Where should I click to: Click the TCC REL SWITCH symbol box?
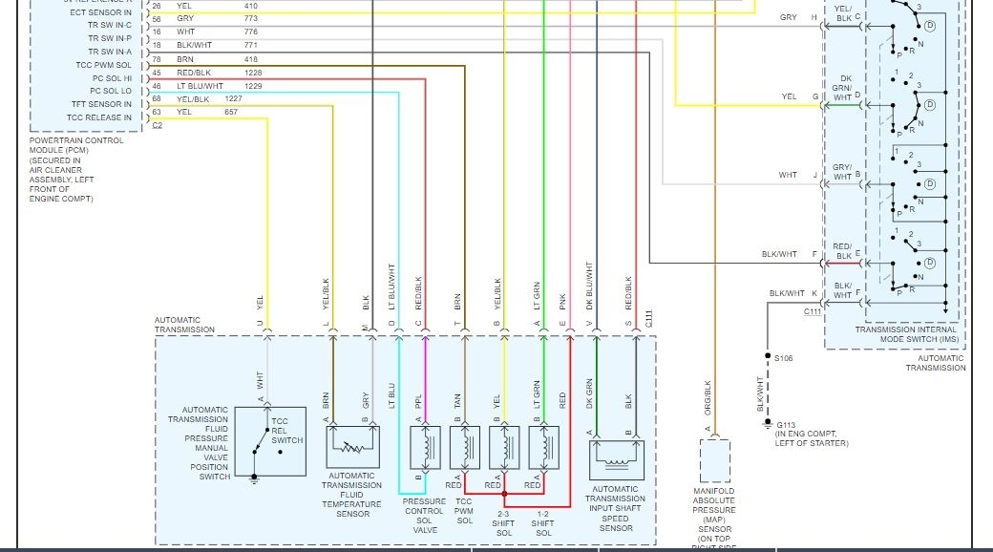(x=270, y=441)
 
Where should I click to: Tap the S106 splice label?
(x=783, y=358)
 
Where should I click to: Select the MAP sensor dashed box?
(x=714, y=460)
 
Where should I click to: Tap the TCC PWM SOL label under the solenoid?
(x=463, y=515)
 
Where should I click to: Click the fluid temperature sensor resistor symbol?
(x=354, y=446)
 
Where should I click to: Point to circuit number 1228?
(x=252, y=73)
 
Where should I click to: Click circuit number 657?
(x=231, y=112)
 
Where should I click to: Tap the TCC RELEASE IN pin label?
(x=99, y=117)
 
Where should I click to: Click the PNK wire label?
(x=562, y=301)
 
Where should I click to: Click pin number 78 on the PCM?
(x=157, y=59)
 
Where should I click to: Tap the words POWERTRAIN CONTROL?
(x=76, y=140)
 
